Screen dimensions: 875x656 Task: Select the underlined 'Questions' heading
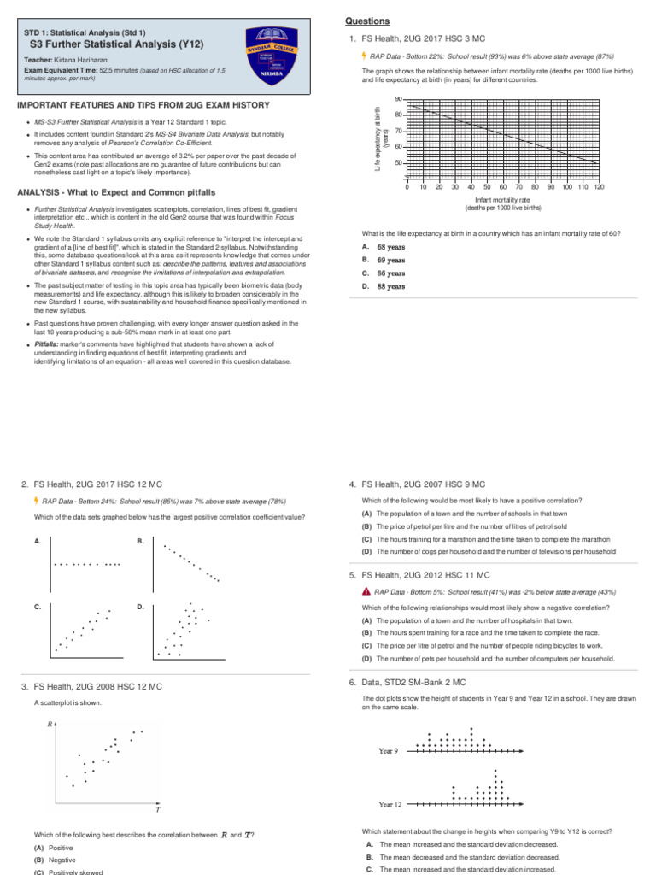pyautogui.click(x=367, y=21)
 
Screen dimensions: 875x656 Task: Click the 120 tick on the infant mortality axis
pyautogui.click(x=599, y=186)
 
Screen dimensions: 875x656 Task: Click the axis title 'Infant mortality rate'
pyautogui.click(x=502, y=199)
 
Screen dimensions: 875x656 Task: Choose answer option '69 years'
pyautogui.click(x=391, y=260)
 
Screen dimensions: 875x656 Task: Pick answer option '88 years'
pyautogui.click(x=391, y=286)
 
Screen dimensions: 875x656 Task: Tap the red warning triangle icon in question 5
pyautogui.click(x=366, y=591)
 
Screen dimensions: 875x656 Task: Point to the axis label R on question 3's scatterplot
pyautogui.click(x=50, y=725)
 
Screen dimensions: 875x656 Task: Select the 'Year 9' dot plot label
pyautogui.click(x=388, y=751)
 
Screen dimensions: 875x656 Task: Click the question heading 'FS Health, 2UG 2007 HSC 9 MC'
pyautogui.click(x=423, y=484)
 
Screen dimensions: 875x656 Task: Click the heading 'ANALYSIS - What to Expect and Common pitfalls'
pyautogui.click(x=117, y=192)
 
